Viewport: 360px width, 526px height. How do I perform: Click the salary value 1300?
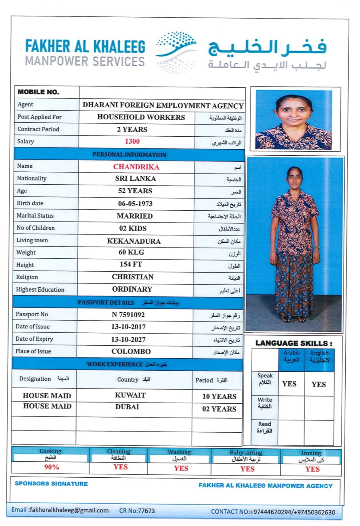click(132, 142)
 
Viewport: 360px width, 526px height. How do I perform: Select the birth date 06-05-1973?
click(135, 204)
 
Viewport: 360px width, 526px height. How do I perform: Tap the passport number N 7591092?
click(128, 315)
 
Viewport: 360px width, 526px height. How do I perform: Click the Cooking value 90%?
click(52, 467)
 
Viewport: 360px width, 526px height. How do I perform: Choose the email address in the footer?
click(60, 510)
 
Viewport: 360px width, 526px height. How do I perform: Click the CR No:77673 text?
click(137, 511)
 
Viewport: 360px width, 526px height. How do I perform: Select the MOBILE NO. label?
click(39, 92)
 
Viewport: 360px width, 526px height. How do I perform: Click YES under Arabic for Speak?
click(289, 384)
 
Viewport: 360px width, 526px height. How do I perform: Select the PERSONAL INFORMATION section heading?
click(129, 155)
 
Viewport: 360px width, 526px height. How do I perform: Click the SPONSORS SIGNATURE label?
click(51, 484)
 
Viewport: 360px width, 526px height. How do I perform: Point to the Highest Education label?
click(40, 290)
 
